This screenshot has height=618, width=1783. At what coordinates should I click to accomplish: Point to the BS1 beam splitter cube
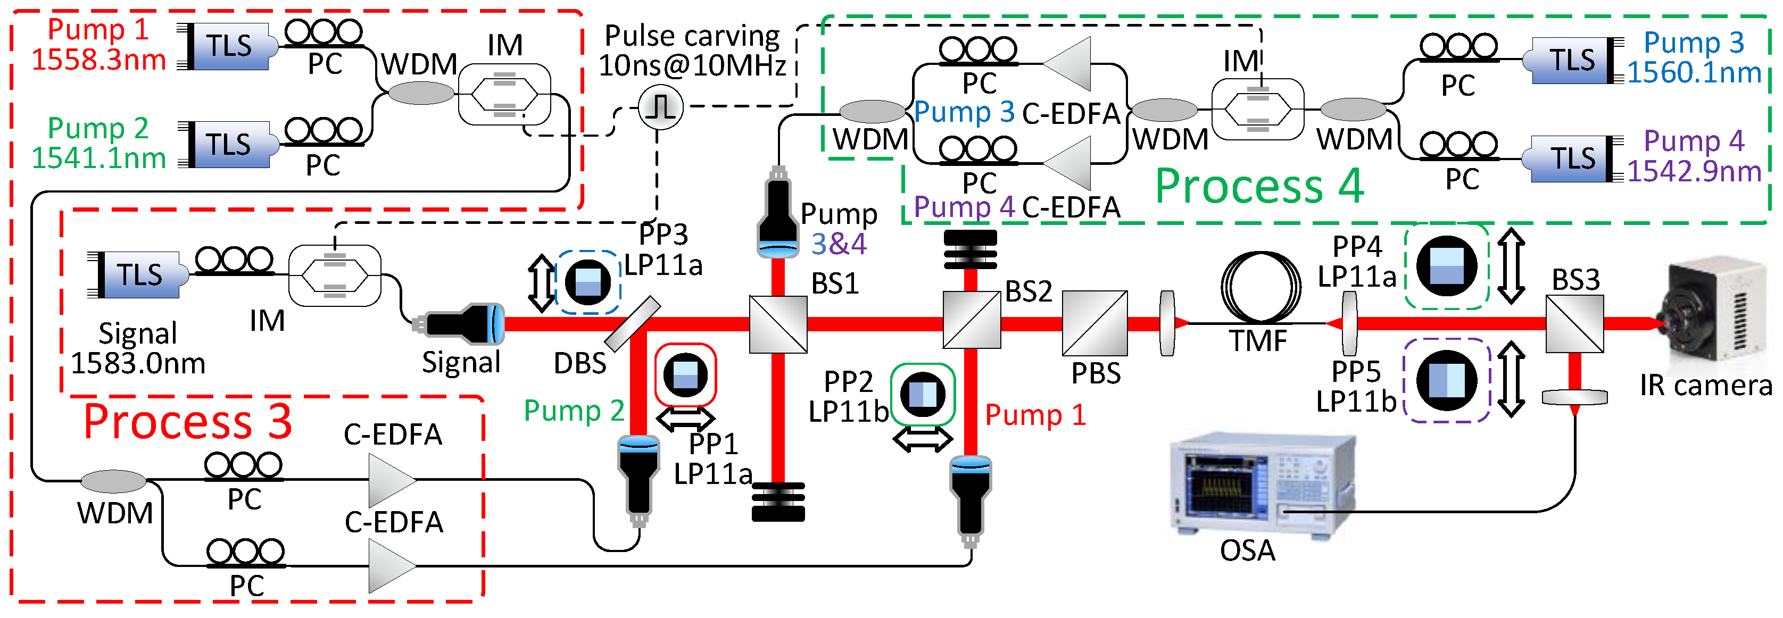coord(778,324)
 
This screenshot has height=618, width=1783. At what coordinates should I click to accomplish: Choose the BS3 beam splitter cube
coord(1574,324)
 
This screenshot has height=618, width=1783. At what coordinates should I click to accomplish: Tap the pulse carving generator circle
coord(660,107)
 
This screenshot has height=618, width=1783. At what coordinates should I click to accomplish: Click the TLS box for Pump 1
coord(228,46)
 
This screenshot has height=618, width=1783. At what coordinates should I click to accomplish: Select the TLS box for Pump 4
coord(1573,158)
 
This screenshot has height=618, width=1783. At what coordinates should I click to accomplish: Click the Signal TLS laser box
coord(139,275)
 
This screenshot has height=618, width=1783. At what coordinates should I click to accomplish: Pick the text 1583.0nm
coord(138,363)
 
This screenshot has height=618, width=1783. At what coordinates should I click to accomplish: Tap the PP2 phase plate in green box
coord(922,395)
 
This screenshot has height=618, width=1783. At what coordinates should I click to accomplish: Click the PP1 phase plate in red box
coord(685,375)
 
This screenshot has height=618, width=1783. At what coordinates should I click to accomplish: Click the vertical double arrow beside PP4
coord(1511,266)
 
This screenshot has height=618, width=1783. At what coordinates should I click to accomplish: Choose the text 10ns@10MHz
coord(692,66)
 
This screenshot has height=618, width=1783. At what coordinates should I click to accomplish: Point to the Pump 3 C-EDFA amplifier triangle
coord(1069,64)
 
